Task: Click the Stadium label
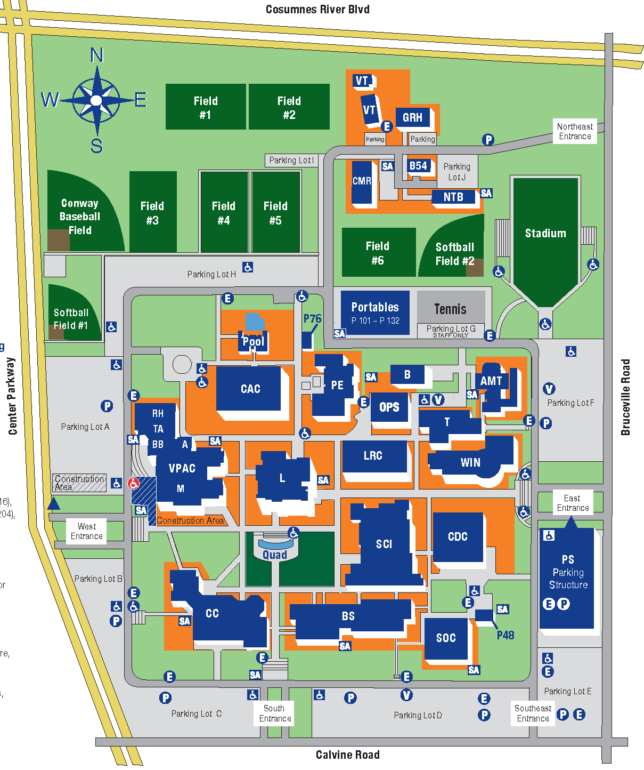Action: [545, 234]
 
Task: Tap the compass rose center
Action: [96, 100]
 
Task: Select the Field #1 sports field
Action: [206, 107]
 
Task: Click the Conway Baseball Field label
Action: [80, 216]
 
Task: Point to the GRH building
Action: [412, 117]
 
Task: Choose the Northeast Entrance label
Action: [575, 131]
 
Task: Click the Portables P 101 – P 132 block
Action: [375, 312]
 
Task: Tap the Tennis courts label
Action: [450, 309]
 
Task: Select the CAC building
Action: [250, 389]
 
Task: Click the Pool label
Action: [253, 341]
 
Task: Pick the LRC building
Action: [373, 455]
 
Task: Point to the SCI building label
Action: [384, 544]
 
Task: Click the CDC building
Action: [458, 536]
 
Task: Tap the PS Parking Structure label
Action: [568, 572]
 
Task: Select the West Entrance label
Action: [86, 531]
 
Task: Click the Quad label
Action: [275, 555]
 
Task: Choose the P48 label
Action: [506, 635]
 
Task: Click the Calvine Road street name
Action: [347, 755]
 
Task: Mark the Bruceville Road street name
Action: [625, 397]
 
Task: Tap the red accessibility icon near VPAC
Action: [133, 483]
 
